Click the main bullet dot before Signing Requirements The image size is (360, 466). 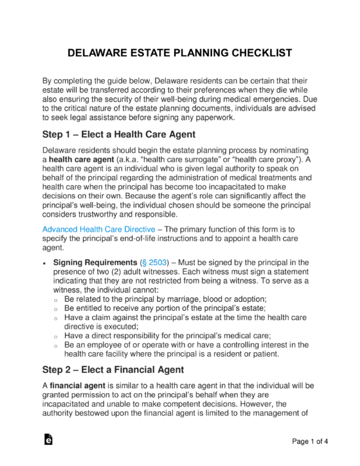pyautogui.click(x=44, y=263)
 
